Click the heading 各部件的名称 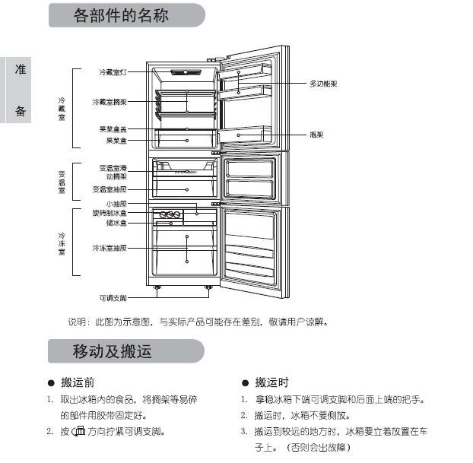click(x=122, y=16)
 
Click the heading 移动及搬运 click(x=112, y=351)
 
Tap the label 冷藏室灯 click(x=112, y=72)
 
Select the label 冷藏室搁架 click(x=110, y=101)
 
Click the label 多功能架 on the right click(x=323, y=83)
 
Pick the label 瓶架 click(x=317, y=135)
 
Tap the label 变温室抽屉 click(x=110, y=189)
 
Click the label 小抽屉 click(x=116, y=205)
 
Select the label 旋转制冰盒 click(x=110, y=214)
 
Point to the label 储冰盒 click(x=116, y=224)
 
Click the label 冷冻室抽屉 click(x=110, y=249)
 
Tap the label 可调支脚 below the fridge click(x=113, y=297)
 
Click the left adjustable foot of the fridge click(x=159, y=287)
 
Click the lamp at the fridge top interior click(x=185, y=72)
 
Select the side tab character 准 click(x=21, y=69)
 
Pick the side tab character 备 click(x=21, y=112)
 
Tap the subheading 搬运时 click(x=271, y=382)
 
